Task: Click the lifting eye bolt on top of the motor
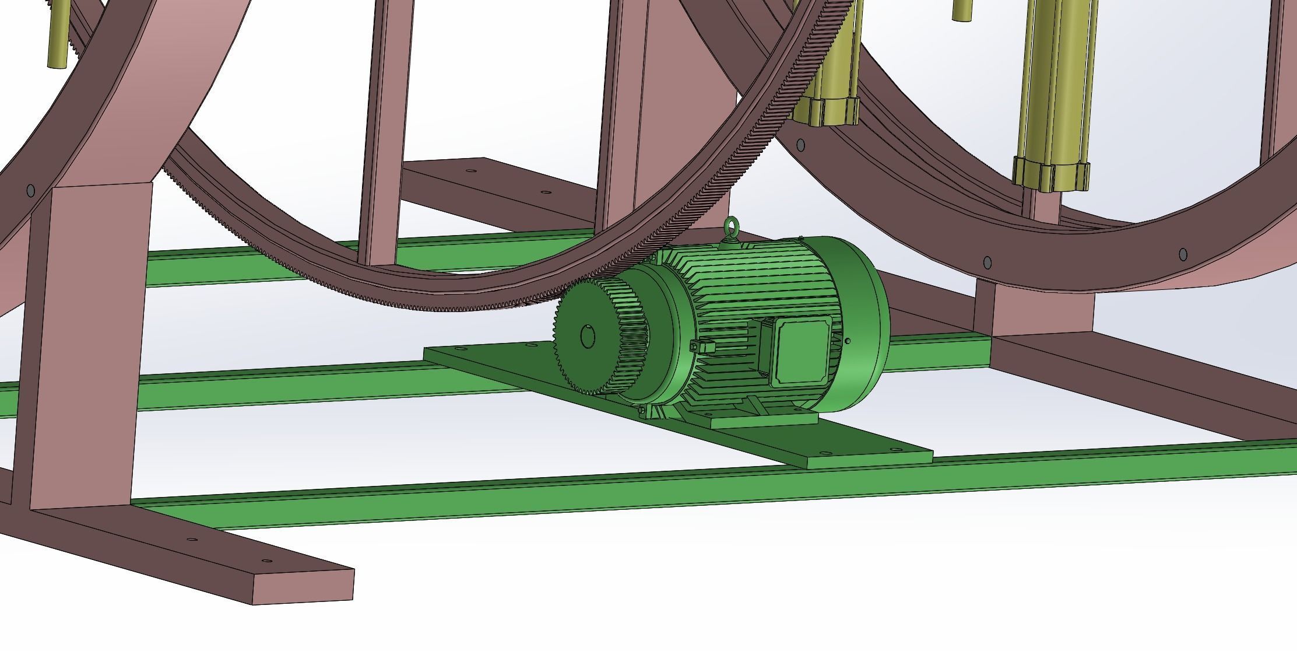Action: point(731,228)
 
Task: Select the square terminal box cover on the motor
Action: point(802,351)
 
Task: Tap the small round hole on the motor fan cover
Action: point(848,341)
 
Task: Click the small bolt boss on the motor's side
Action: point(702,347)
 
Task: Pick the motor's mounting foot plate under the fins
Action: point(764,418)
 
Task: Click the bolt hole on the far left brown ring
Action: point(30,190)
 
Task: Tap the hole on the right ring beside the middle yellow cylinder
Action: point(800,144)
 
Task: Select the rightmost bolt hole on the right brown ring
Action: point(1183,254)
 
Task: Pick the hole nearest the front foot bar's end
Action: point(267,561)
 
